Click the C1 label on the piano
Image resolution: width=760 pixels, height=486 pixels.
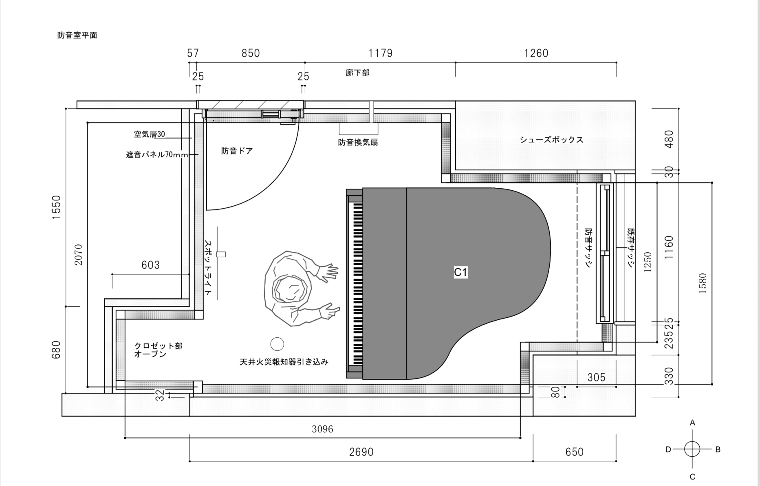click(460, 272)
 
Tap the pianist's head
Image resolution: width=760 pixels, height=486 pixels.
click(290, 289)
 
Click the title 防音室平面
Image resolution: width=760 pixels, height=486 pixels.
click(77, 35)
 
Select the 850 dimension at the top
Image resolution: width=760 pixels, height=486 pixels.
click(250, 53)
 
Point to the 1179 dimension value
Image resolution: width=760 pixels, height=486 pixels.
click(380, 53)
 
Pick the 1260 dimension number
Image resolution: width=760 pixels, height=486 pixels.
click(536, 53)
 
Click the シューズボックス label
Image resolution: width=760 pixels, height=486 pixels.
click(551, 140)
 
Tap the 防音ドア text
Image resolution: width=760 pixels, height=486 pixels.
click(237, 151)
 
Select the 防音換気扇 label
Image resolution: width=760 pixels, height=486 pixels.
click(358, 143)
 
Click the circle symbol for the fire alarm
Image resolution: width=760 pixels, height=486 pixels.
click(278, 344)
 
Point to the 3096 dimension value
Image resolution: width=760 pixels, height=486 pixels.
click(322, 429)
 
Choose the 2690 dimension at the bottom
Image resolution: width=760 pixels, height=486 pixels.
click(361, 452)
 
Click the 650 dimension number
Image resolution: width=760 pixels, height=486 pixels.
click(574, 452)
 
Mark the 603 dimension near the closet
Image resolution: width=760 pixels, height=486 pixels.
click(150, 265)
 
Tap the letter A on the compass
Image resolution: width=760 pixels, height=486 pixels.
click(692, 423)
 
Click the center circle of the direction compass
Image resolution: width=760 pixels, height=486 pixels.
click(692, 449)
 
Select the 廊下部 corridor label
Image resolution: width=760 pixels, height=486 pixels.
click(357, 73)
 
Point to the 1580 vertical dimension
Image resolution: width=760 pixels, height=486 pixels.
click(703, 284)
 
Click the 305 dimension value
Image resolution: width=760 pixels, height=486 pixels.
click(596, 378)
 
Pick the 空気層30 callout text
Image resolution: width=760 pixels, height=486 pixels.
click(150, 134)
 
